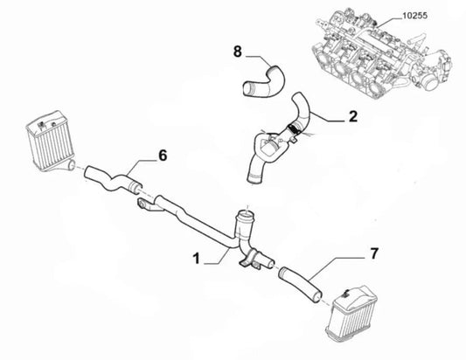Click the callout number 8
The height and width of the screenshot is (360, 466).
click(x=238, y=52)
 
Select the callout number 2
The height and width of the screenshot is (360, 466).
click(x=352, y=116)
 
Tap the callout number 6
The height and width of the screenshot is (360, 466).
click(x=163, y=156)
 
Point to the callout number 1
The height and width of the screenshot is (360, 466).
click(x=197, y=259)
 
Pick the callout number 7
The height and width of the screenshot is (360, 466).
click(x=374, y=253)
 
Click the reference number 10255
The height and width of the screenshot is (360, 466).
click(x=414, y=16)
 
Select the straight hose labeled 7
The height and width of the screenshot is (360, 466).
click(x=300, y=284)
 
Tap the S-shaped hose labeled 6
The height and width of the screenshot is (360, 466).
click(x=113, y=179)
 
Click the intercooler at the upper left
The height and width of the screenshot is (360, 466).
click(x=50, y=142)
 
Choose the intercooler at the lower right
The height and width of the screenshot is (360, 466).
click(x=351, y=317)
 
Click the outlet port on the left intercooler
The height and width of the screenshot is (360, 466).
click(x=72, y=164)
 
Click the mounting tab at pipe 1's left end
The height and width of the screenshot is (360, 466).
click(x=146, y=204)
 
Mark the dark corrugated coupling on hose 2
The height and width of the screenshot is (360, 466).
click(x=294, y=129)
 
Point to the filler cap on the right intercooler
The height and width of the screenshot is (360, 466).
click(x=346, y=293)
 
